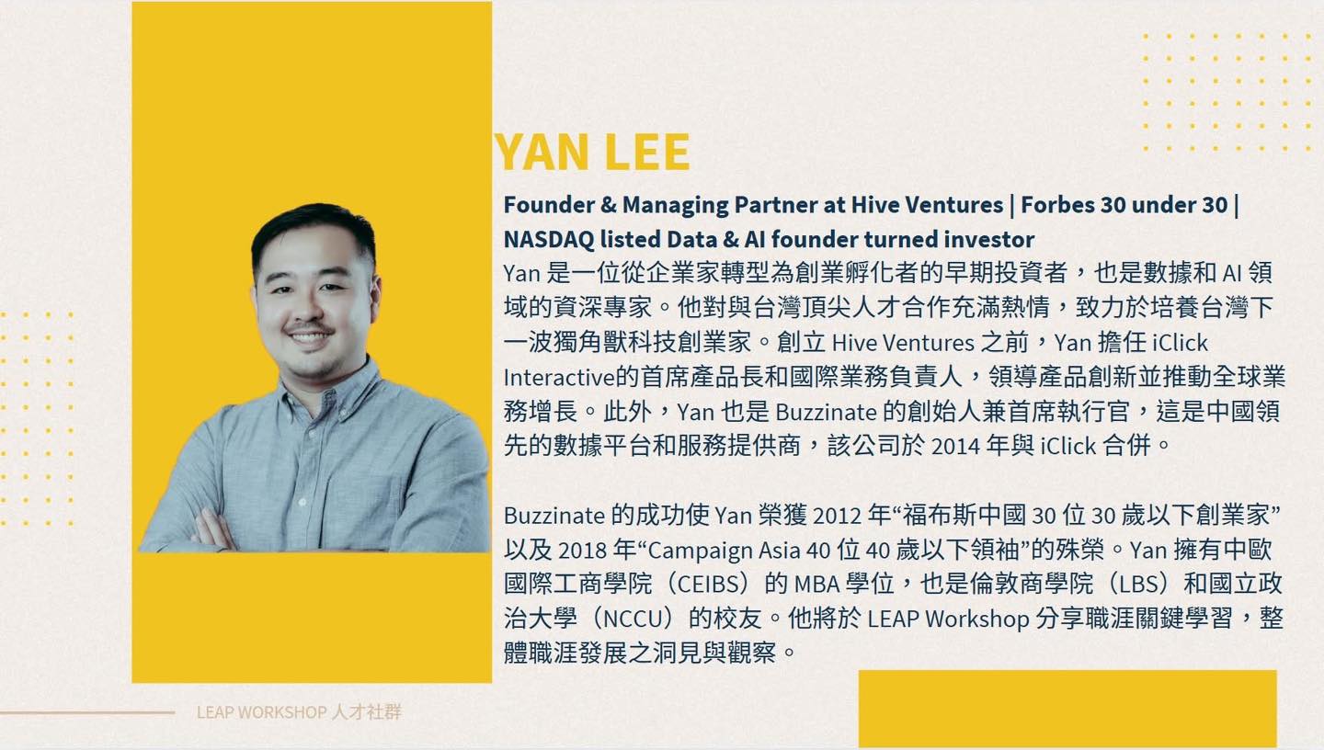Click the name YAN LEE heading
coord(592,153)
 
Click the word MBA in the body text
coord(816,585)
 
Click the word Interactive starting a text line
coord(559,378)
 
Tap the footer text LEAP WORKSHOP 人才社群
coord(299,712)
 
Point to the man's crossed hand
coord(211,531)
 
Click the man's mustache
coord(309,328)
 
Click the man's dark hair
coord(314,228)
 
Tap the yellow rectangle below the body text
coord(1067,708)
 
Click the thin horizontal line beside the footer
coord(87,712)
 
